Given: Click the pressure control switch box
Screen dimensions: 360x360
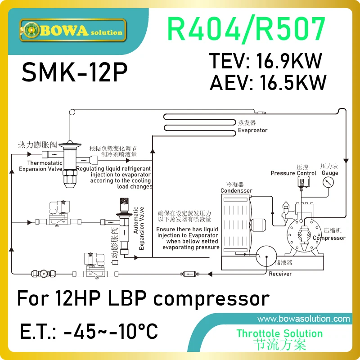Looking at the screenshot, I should click(x=300, y=180).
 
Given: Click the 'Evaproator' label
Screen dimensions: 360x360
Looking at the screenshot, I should click(x=252, y=130).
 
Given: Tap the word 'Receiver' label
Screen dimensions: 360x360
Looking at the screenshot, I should click(x=280, y=274).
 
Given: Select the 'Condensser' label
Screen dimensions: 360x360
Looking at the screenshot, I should click(x=236, y=190).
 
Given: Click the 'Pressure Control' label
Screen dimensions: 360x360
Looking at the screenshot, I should click(x=293, y=173).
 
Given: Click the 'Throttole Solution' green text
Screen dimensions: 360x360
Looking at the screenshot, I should click(x=279, y=333).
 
